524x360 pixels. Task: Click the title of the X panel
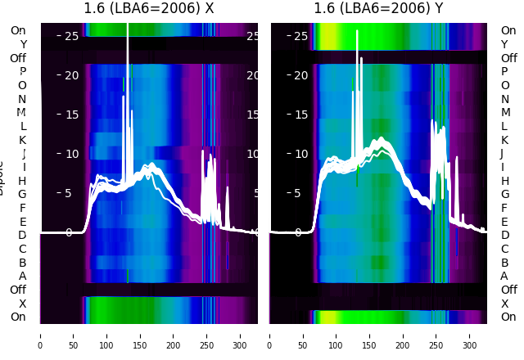tap(149, 9)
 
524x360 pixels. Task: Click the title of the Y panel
tap(378, 9)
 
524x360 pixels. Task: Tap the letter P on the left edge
tap(22, 72)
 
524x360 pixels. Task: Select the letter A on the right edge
tap(504, 277)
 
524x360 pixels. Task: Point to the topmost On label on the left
tap(18, 31)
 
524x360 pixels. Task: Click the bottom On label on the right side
tap(508, 317)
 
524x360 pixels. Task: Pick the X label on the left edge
tap(22, 304)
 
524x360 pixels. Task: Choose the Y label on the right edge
tap(504, 44)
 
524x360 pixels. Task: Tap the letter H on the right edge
tap(504, 181)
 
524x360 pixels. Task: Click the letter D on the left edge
tap(22, 236)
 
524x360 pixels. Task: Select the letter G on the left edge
tap(22, 195)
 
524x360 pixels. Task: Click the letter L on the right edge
tap(504, 126)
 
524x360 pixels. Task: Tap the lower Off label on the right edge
tap(508, 290)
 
